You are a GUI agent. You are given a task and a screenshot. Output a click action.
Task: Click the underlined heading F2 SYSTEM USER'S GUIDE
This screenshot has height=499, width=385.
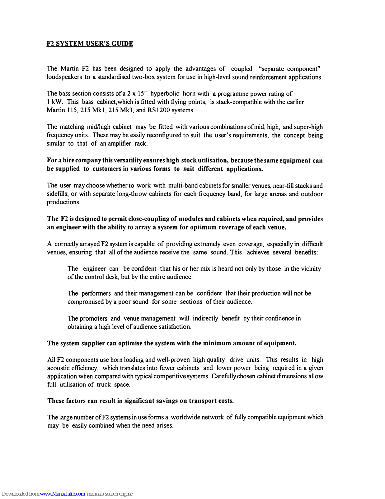coord(90,44)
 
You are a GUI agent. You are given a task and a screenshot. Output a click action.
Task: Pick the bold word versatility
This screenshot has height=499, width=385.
coord(129,161)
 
